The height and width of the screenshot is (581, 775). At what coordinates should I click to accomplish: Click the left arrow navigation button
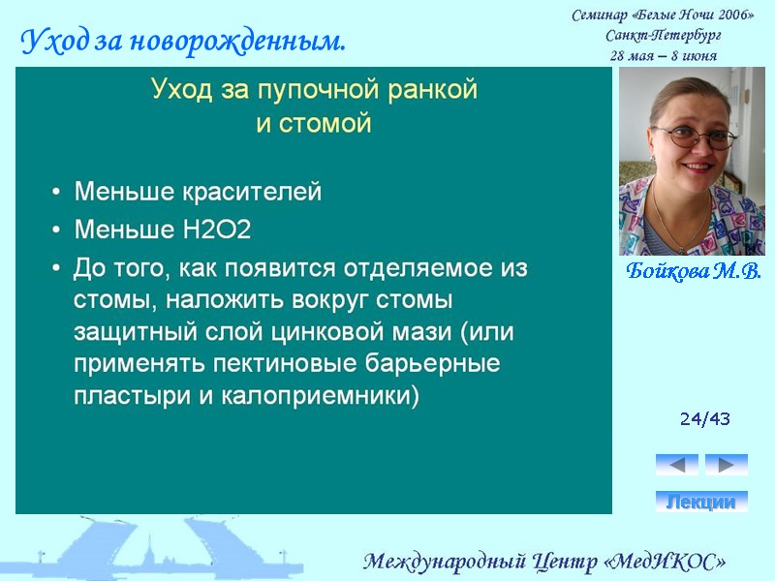tap(676, 464)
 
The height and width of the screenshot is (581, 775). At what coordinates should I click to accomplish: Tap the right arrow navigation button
tap(726, 464)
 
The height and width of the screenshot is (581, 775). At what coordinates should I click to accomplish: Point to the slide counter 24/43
tap(704, 419)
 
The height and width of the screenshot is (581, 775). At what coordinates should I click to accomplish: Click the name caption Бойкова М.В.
tap(693, 271)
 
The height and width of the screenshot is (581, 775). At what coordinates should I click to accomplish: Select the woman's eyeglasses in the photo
tap(695, 136)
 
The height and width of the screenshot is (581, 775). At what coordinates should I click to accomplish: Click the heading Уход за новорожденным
tap(183, 42)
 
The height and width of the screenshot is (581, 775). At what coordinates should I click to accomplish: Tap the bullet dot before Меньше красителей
tap(57, 193)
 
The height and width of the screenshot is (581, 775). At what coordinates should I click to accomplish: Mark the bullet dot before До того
tap(57, 267)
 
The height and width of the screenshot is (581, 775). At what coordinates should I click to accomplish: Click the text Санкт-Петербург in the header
tap(663, 35)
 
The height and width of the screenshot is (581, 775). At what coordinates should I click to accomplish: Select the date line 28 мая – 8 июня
tap(663, 54)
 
